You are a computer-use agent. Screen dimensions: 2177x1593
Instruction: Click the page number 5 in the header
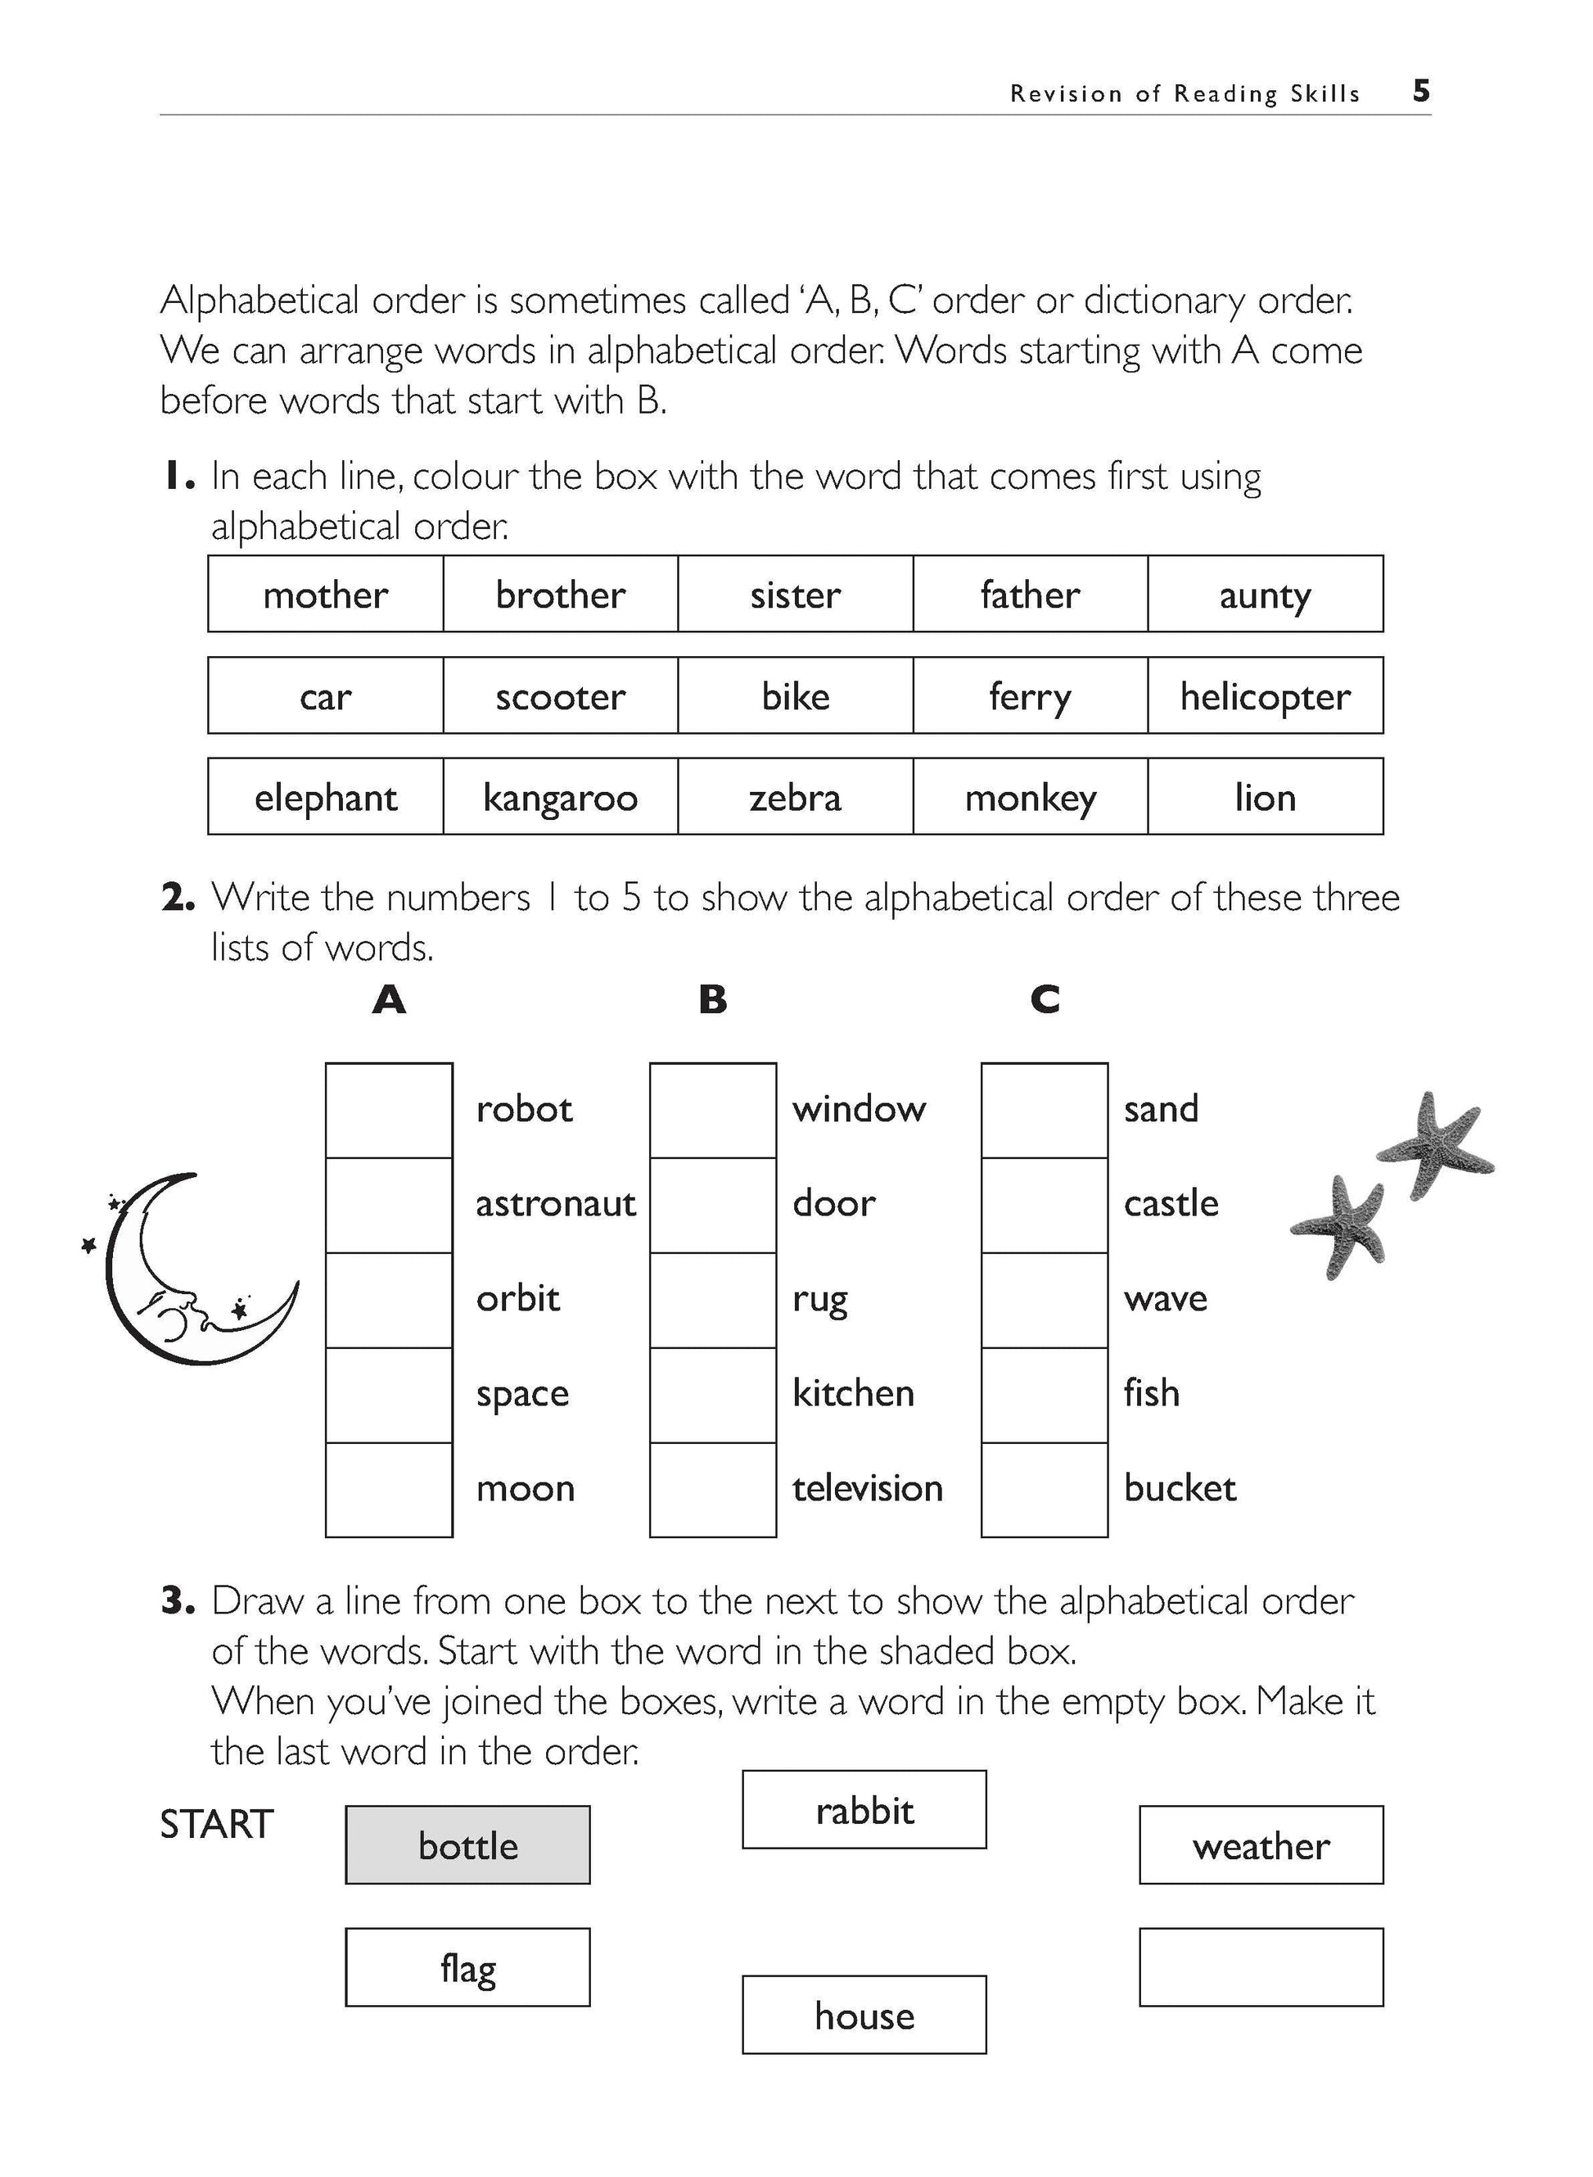[x=1420, y=92]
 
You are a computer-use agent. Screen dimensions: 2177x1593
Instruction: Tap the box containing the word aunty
[x=1264, y=594]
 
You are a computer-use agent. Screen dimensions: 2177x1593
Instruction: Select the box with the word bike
[x=795, y=695]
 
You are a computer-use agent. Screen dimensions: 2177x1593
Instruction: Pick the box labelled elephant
[x=326, y=797]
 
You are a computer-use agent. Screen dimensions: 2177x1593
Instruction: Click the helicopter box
[x=1264, y=695]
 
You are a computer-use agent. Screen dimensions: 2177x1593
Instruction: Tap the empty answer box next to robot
[x=389, y=1110]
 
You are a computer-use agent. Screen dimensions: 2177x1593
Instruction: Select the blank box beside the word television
[x=713, y=1489]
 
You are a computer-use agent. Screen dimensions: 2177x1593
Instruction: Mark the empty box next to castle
[x=1045, y=1205]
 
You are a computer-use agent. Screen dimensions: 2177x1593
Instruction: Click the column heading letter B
[x=713, y=999]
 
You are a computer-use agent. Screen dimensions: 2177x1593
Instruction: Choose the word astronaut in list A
[x=556, y=1204]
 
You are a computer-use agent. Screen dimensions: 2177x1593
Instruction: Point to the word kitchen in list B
[x=852, y=1394]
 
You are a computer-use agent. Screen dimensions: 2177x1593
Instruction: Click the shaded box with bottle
[x=467, y=1845]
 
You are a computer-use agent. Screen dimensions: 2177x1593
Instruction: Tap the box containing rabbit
[x=864, y=1809]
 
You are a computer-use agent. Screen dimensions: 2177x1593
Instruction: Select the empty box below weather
[x=1261, y=1967]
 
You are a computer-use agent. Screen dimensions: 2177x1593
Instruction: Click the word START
[x=216, y=1825]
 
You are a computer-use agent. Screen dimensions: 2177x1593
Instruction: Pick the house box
[x=864, y=2015]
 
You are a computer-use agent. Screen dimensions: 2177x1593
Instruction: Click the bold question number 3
[x=178, y=1601]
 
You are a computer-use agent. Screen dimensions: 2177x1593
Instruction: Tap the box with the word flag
[x=467, y=1967]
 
